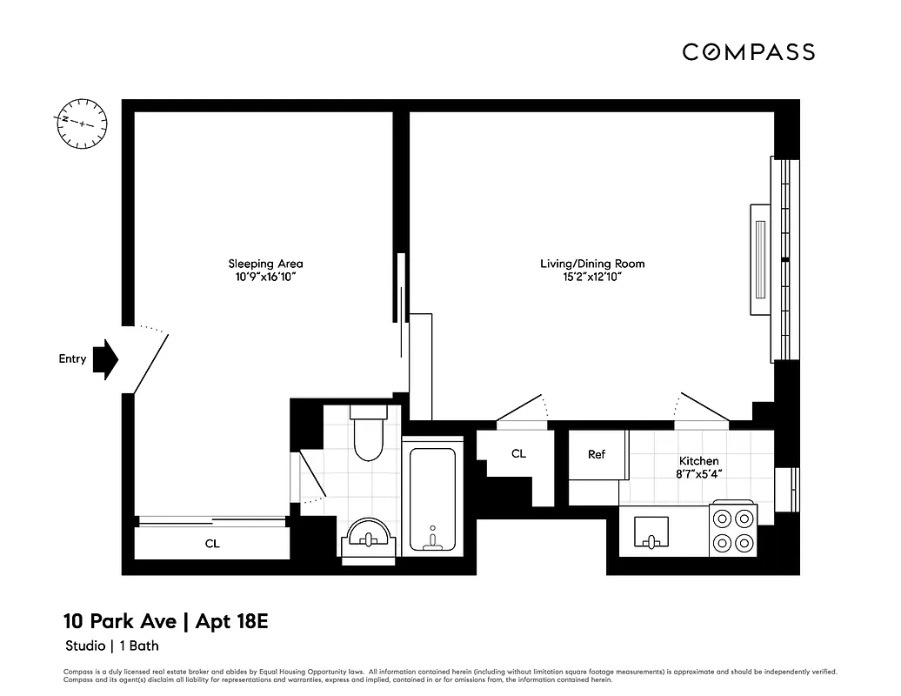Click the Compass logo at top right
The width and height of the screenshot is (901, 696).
point(748,52)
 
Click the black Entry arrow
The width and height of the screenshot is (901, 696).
point(105,359)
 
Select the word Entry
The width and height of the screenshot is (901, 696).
point(72,358)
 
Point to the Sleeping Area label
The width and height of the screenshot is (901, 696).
point(265,264)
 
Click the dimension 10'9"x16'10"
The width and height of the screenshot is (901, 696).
point(265,278)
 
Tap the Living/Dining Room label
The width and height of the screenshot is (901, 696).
point(592,264)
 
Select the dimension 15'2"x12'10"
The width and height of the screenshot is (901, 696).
point(592,278)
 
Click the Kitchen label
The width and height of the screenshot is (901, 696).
point(698,460)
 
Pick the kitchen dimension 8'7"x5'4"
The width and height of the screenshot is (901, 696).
point(698,474)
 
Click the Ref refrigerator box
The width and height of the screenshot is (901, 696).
point(597,455)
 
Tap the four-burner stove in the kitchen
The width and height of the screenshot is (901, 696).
point(732,531)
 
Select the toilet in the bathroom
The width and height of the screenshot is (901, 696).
point(368,435)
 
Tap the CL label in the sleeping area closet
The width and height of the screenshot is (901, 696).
point(211,544)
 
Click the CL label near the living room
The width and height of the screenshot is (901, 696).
point(518,453)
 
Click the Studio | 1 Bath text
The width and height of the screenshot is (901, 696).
point(112,646)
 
